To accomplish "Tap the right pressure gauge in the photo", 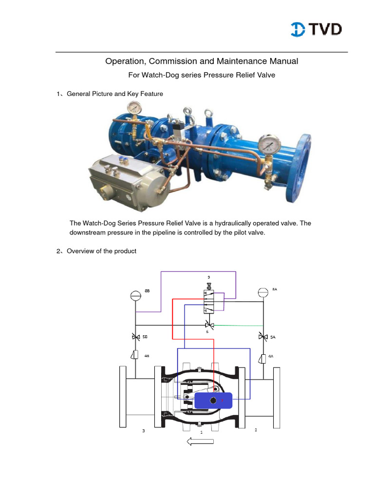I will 267,144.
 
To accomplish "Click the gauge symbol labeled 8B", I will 135,295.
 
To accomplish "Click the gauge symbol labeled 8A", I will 263,291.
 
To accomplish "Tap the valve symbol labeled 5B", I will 135,337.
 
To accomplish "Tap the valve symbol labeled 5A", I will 263,337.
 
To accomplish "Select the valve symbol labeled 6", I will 210,325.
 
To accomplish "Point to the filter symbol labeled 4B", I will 135,356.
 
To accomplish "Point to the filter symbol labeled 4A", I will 263,359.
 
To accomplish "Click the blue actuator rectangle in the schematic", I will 213,400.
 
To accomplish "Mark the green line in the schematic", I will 239,326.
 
